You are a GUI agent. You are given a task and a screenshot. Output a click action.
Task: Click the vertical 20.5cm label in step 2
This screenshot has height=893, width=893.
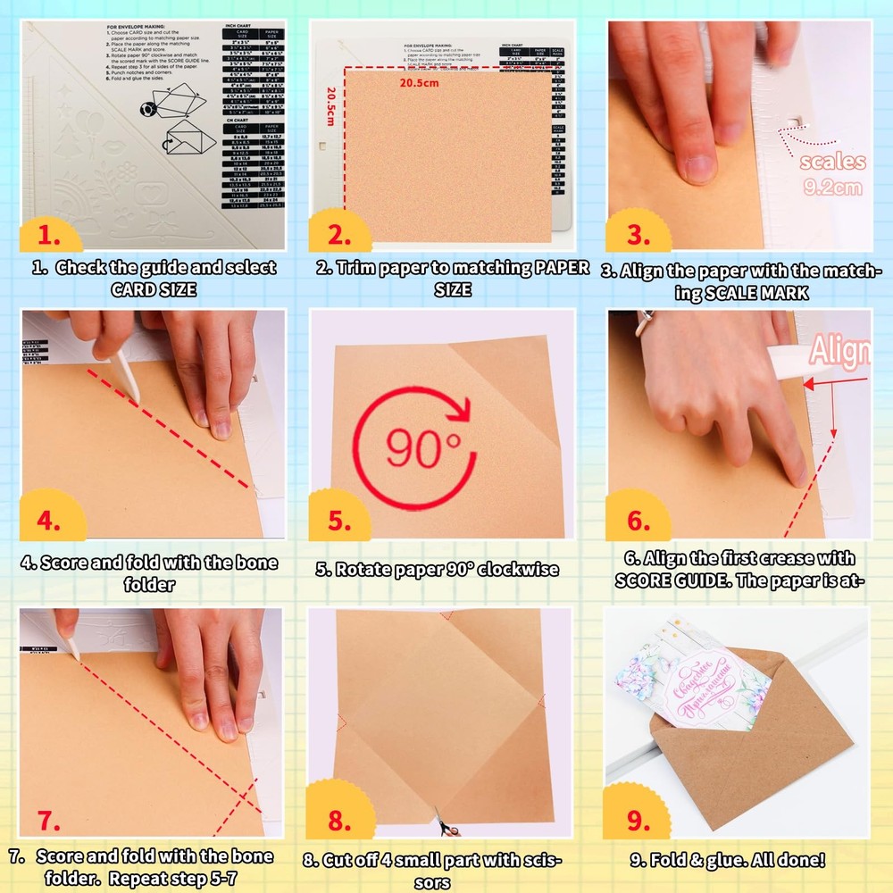coord(330,105)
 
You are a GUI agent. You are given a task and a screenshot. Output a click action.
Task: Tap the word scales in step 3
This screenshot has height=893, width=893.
coord(832,162)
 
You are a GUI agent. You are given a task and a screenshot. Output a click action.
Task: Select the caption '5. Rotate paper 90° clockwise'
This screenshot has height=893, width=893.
coord(437,569)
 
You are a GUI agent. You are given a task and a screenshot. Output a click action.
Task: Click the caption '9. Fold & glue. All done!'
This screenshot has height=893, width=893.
coord(728,861)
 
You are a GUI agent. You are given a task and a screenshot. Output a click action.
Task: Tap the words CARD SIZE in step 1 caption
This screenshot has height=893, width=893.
coord(154,289)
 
